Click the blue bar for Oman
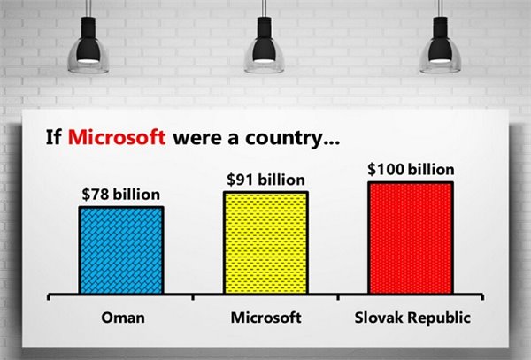[x=120, y=250]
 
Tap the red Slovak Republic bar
[x=411, y=237]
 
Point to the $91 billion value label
[x=265, y=179]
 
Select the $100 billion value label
[x=410, y=169]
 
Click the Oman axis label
[x=120, y=317]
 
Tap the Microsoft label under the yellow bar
[x=265, y=317]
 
